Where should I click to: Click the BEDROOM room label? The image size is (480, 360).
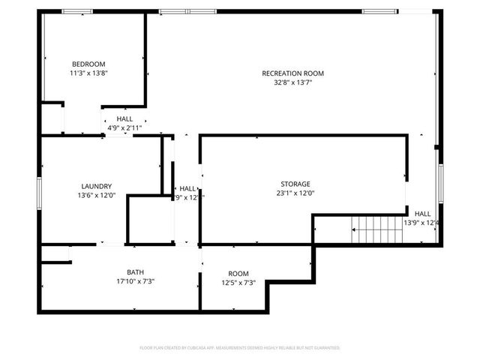pyautogui.click(x=88, y=64)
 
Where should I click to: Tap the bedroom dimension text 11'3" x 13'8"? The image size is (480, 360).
pyautogui.click(x=88, y=73)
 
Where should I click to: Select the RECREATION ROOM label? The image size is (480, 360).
pyautogui.click(x=292, y=73)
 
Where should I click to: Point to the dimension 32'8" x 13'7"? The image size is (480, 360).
pyautogui.click(x=292, y=82)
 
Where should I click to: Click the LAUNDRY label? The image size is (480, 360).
pyautogui.click(x=97, y=186)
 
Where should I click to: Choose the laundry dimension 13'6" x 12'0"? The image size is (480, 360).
pyautogui.click(x=97, y=196)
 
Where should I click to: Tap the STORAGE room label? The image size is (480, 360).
pyautogui.click(x=295, y=184)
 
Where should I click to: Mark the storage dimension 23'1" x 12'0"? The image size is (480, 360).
pyautogui.click(x=295, y=193)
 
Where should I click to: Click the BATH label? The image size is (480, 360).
pyautogui.click(x=136, y=272)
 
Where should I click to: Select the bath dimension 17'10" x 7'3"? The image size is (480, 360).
pyautogui.click(x=136, y=282)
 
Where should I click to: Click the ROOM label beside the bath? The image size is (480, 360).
pyautogui.click(x=238, y=273)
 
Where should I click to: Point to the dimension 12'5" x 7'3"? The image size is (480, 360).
pyautogui.click(x=238, y=283)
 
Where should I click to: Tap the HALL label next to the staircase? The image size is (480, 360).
pyautogui.click(x=422, y=213)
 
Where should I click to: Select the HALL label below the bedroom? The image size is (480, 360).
pyautogui.click(x=124, y=119)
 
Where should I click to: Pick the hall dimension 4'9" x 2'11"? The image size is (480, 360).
pyautogui.click(x=124, y=128)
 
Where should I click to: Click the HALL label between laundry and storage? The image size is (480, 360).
pyautogui.click(x=187, y=188)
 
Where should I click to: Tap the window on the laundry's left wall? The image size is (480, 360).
pyautogui.click(x=40, y=191)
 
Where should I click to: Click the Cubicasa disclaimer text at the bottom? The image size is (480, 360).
pyautogui.click(x=240, y=348)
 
